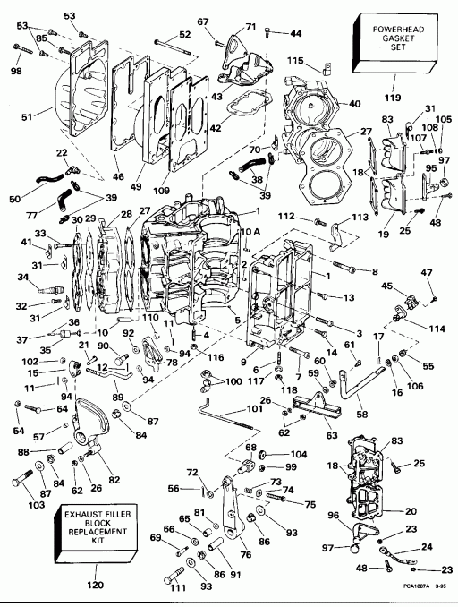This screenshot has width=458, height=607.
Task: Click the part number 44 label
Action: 295,33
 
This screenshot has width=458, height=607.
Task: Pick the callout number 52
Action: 185,35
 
